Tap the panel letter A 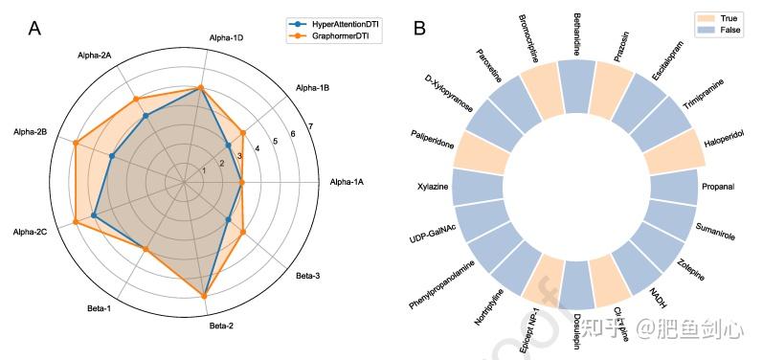click(34, 29)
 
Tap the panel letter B click(419, 29)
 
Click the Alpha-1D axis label click(226, 38)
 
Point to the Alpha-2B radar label click(29, 130)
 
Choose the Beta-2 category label click(221, 326)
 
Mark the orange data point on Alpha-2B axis click(76, 143)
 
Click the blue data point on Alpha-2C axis click(94, 216)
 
